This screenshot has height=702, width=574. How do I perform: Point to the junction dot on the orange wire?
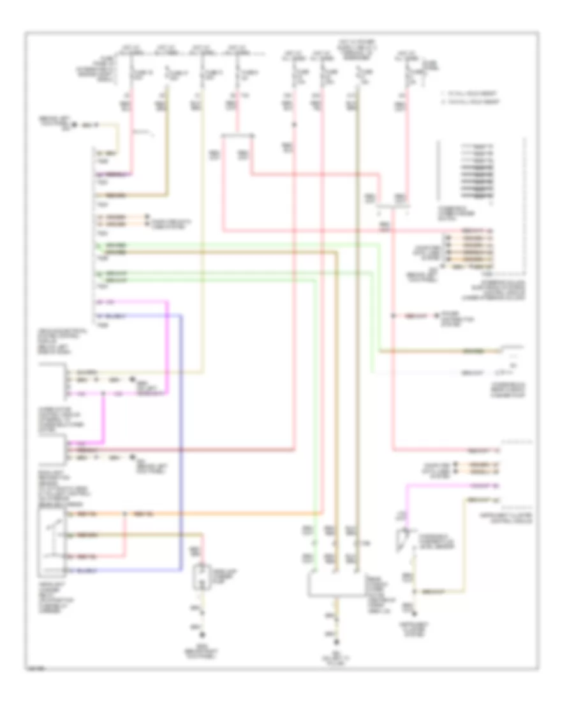point(126,514)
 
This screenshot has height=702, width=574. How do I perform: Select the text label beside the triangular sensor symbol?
point(434,542)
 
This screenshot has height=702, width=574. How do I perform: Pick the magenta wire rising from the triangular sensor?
point(406,504)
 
